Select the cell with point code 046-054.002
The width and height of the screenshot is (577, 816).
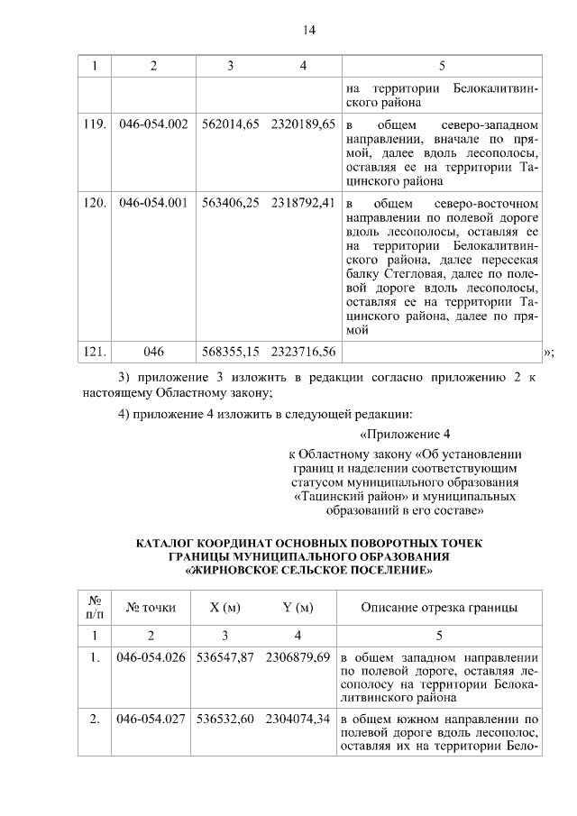click(x=153, y=123)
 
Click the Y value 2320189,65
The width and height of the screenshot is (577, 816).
click(x=303, y=123)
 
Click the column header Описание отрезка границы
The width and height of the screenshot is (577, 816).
click(x=439, y=607)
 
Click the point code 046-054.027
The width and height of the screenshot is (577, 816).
click(x=151, y=719)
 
